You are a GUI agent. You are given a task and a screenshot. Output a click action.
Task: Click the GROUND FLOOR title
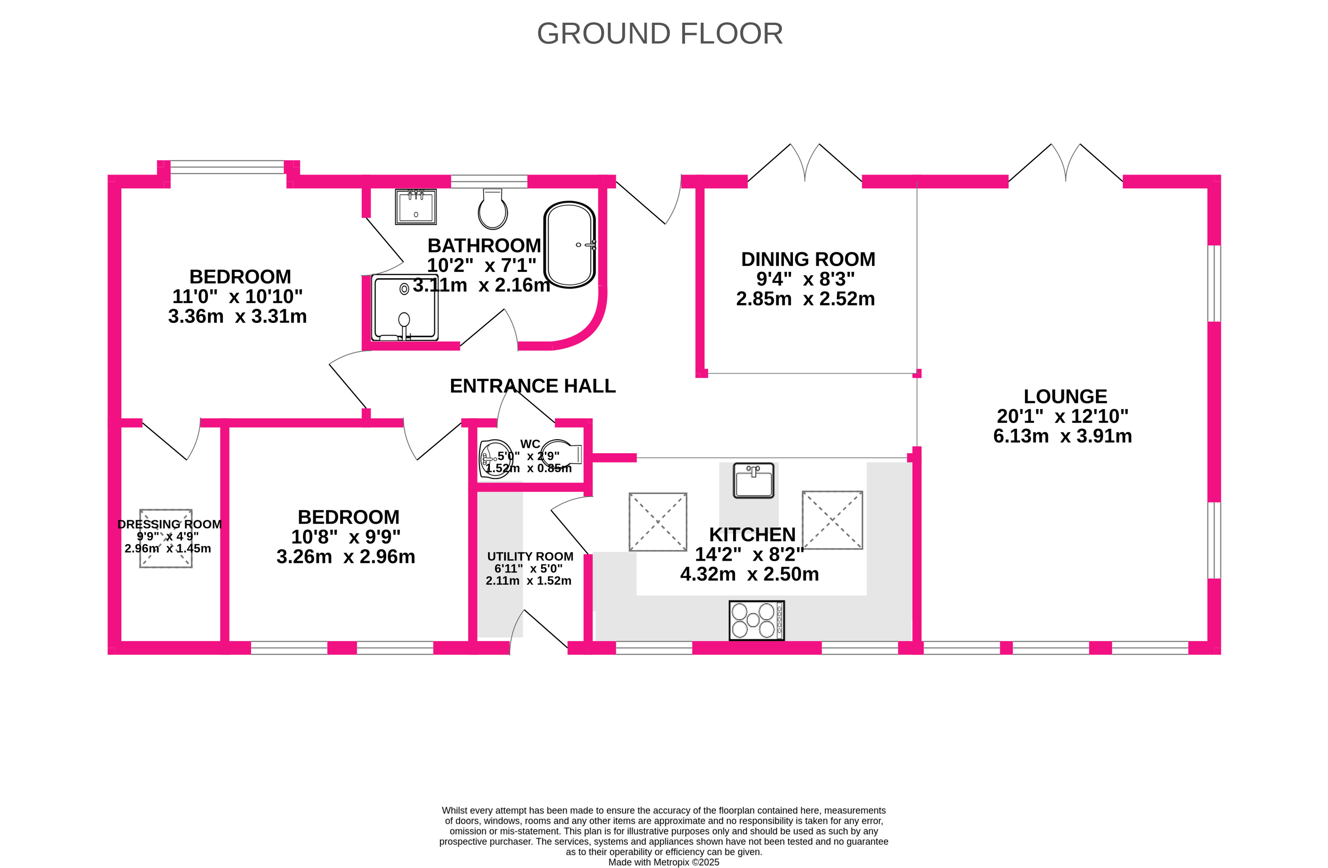pyautogui.click(x=660, y=33)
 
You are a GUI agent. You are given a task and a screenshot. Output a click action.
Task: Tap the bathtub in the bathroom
pyautogui.click(x=570, y=244)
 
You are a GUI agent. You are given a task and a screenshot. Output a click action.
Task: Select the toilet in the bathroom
pyautogui.click(x=493, y=209)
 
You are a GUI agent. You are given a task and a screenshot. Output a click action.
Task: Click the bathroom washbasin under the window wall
pyautogui.click(x=416, y=206)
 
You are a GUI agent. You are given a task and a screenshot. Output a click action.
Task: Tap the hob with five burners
pyautogui.click(x=757, y=620)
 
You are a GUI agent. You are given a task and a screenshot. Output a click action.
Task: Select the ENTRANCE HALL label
pyautogui.click(x=532, y=386)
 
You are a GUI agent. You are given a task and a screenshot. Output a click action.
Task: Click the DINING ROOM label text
pyautogui.click(x=808, y=259)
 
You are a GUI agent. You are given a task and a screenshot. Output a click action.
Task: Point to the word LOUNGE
pyautogui.click(x=1065, y=397)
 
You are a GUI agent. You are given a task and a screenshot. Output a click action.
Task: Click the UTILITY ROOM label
pyautogui.click(x=530, y=557)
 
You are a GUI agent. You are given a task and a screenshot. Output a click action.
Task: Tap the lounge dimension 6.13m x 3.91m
pyautogui.click(x=1063, y=436)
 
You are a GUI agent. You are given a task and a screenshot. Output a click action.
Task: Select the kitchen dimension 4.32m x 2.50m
pyautogui.click(x=749, y=574)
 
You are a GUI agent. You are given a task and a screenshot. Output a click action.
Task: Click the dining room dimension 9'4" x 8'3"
pyautogui.click(x=805, y=279)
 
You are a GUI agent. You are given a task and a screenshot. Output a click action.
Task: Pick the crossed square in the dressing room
pyautogui.click(x=166, y=538)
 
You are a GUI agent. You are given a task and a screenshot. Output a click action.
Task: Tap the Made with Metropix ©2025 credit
pyautogui.click(x=663, y=862)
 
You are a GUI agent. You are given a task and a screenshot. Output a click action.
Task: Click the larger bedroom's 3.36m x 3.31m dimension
pyautogui.click(x=237, y=317)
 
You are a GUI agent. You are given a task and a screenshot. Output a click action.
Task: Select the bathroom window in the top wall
pyautogui.click(x=489, y=181)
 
